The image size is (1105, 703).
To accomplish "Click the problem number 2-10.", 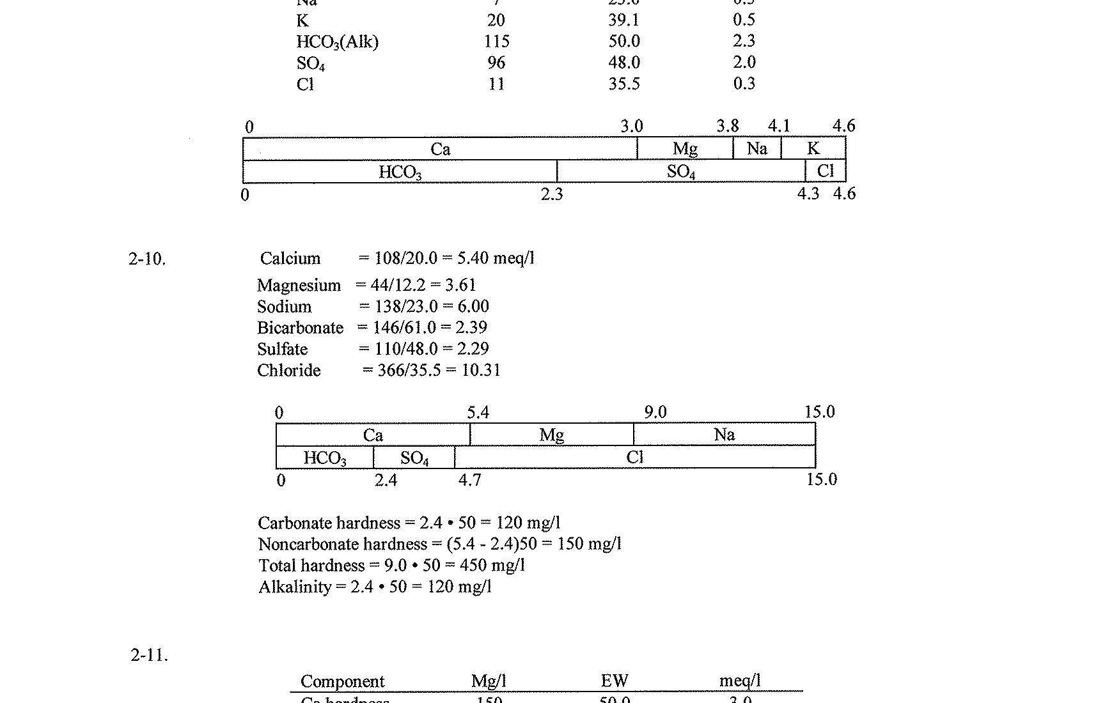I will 146,259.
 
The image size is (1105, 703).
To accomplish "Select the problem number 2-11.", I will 149,655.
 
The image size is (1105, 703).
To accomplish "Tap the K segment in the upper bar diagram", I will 813,149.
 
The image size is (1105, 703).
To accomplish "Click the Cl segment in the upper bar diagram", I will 826,171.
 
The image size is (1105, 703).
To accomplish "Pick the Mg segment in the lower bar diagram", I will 551,435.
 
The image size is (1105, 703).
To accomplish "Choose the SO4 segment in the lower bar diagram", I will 414,458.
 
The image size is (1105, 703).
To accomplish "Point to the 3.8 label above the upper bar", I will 728,126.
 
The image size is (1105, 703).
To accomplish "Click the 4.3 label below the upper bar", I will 808,194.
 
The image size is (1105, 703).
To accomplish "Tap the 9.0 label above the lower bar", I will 655,412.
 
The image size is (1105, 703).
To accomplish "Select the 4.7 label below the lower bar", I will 470,480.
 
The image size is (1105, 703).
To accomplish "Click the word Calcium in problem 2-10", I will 290,258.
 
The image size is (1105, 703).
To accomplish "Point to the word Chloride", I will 289,371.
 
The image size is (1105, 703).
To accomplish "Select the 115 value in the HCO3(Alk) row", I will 497,42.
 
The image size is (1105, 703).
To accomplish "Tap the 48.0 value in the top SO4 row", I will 624,63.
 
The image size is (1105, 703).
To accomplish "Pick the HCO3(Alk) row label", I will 338,42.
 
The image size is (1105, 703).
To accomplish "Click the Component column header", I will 343,681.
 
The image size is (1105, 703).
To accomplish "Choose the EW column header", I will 615,681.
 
